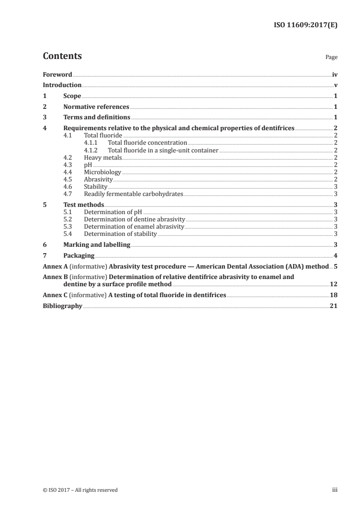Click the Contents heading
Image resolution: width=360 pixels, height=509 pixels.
(x=62, y=56)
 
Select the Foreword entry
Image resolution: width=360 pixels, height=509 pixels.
(x=57, y=74)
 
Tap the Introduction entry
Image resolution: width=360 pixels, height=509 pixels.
(x=62, y=85)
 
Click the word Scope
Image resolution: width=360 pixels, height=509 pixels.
(x=72, y=96)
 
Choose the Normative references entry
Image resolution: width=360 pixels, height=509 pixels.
(x=96, y=107)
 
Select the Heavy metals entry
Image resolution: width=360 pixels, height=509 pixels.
(x=103, y=157)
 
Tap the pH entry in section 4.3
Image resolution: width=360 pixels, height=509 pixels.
(x=88, y=165)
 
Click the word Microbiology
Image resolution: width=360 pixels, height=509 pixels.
(x=103, y=172)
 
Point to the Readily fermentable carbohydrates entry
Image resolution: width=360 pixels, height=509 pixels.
(x=133, y=194)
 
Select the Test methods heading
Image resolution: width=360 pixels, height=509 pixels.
(x=84, y=205)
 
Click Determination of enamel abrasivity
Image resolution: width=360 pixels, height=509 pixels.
(x=134, y=226)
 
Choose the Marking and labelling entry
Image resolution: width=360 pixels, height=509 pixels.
(x=97, y=245)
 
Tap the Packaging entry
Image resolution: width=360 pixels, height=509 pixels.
(x=79, y=255)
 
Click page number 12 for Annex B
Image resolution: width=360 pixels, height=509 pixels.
(x=333, y=284)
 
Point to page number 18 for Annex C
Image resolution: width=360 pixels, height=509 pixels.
(x=333, y=295)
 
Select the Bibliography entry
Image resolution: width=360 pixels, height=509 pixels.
(x=62, y=306)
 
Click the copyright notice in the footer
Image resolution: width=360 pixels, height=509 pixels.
(x=80, y=490)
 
